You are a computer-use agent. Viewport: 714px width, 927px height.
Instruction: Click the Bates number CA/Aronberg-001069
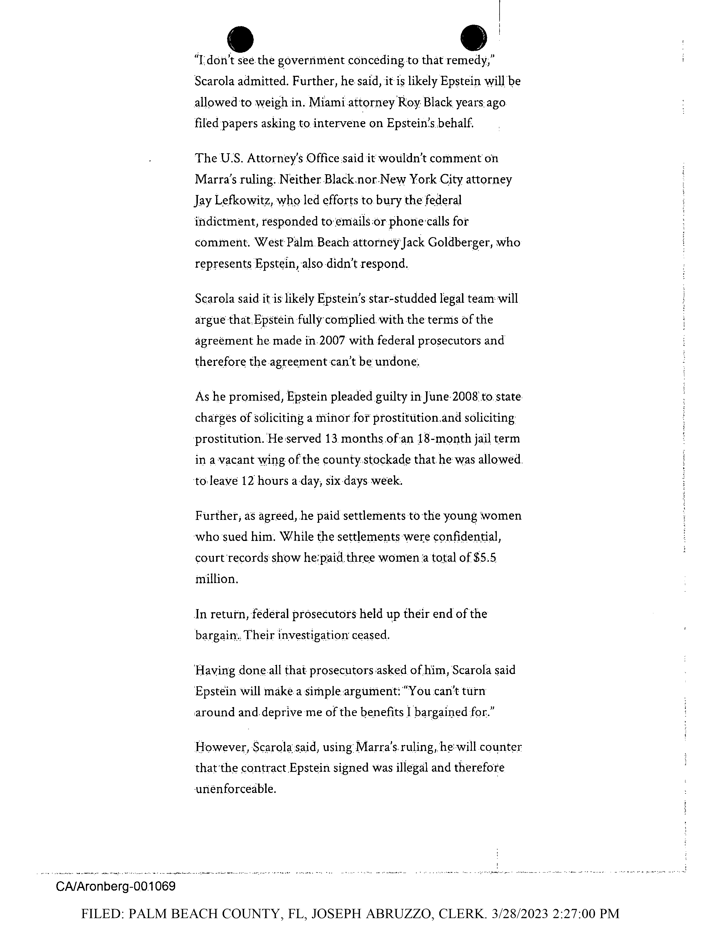[x=115, y=886]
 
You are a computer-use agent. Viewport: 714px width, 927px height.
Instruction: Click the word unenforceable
[x=236, y=789]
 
